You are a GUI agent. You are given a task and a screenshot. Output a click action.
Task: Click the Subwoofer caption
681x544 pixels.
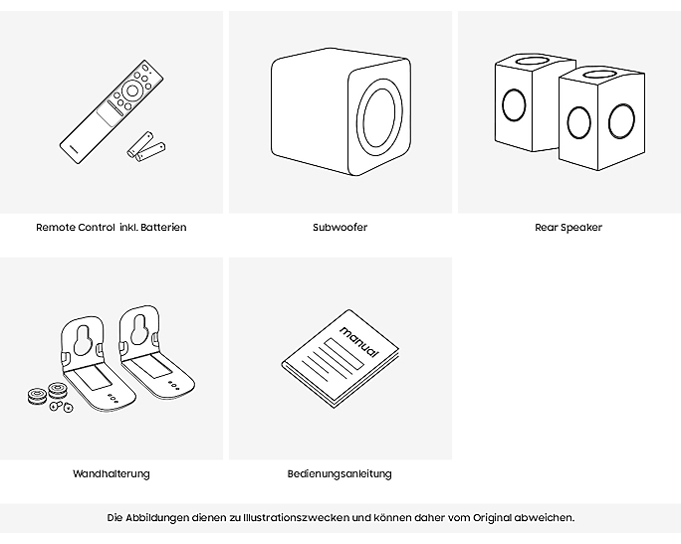tap(340, 228)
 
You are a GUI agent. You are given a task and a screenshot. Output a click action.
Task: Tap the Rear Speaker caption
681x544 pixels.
tap(568, 228)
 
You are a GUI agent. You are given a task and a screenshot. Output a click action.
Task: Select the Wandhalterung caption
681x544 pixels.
tap(112, 473)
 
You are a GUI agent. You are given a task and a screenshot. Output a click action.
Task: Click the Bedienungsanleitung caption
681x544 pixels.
tap(340, 473)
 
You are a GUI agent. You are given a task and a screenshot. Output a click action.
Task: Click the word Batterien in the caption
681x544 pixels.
tap(163, 228)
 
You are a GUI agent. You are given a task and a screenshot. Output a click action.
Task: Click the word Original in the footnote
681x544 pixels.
tap(492, 518)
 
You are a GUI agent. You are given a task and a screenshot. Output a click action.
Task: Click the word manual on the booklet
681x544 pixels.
tap(359, 342)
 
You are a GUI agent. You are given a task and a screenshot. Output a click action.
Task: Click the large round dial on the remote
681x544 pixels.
tap(132, 91)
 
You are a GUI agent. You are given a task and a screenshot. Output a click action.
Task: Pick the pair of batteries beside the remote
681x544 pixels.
tap(146, 146)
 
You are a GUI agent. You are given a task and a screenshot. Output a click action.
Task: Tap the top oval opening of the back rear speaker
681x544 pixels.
tap(533, 61)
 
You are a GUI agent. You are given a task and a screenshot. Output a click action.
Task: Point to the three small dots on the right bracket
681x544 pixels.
tap(173, 385)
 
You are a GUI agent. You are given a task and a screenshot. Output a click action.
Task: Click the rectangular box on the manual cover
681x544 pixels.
tap(343, 354)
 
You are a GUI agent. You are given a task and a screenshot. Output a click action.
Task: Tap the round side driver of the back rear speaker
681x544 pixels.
tap(514, 105)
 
